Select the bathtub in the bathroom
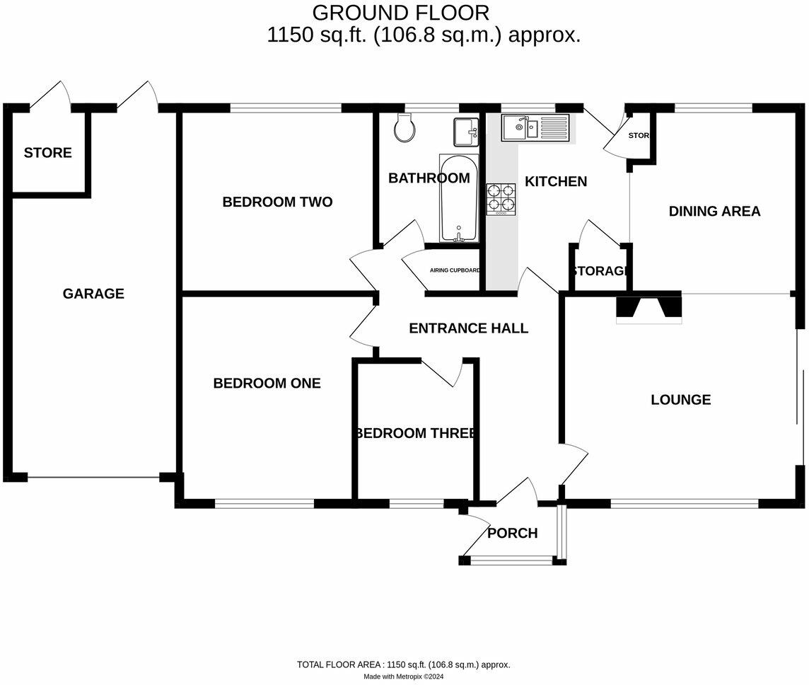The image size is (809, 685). click(459, 198)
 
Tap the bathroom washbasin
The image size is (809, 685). click(466, 132)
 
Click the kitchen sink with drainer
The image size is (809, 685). click(535, 127)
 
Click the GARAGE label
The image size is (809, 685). click(93, 294)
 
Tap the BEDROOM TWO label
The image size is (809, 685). click(277, 202)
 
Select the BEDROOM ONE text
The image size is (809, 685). click(267, 384)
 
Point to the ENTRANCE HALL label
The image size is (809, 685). click(468, 328)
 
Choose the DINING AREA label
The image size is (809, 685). click(714, 211)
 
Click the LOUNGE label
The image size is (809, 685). click(680, 400)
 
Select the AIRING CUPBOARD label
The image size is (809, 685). click(455, 270)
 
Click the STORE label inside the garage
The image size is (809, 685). click(47, 153)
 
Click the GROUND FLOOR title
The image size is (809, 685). click(400, 13)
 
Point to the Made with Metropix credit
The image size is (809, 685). click(403, 677)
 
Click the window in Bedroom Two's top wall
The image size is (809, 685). click(286, 108)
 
